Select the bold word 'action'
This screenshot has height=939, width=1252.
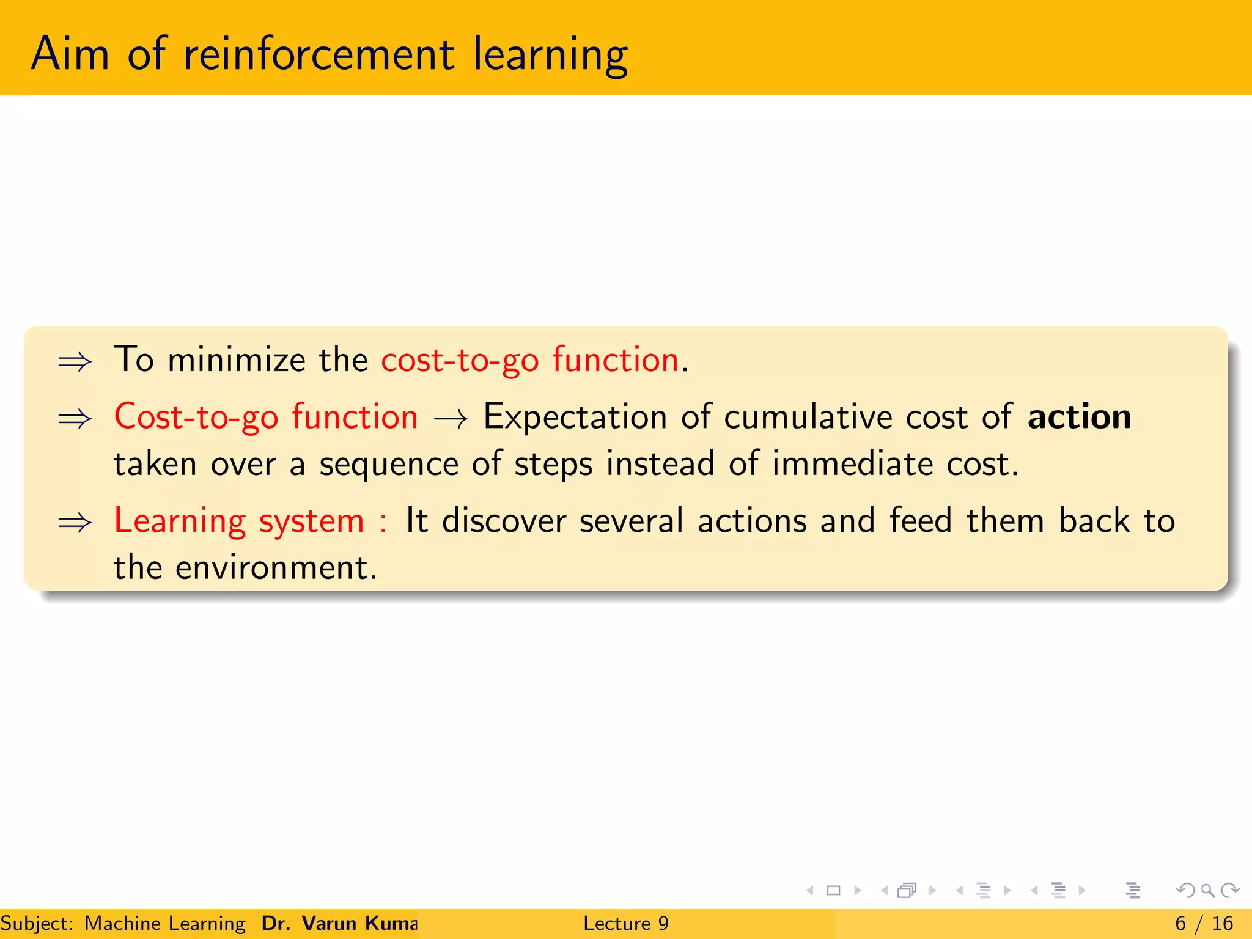(x=1079, y=417)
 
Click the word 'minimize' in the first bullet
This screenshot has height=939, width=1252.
(x=236, y=359)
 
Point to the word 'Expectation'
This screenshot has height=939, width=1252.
(x=575, y=418)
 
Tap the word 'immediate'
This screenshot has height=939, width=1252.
(x=852, y=463)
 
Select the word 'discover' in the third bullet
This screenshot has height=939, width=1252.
(x=504, y=521)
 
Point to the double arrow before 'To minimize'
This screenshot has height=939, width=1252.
(x=75, y=362)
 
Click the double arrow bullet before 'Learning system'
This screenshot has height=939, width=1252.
(x=75, y=523)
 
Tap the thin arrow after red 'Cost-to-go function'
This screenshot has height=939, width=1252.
(x=451, y=419)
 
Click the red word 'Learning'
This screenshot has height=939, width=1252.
(x=180, y=521)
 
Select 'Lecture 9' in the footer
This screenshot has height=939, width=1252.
(x=625, y=923)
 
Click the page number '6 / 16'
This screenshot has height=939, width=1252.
(x=1204, y=923)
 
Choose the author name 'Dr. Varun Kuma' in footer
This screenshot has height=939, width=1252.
(x=339, y=923)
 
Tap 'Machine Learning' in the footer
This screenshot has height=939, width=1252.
(x=165, y=923)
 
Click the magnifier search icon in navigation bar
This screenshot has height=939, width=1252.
(x=1207, y=890)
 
